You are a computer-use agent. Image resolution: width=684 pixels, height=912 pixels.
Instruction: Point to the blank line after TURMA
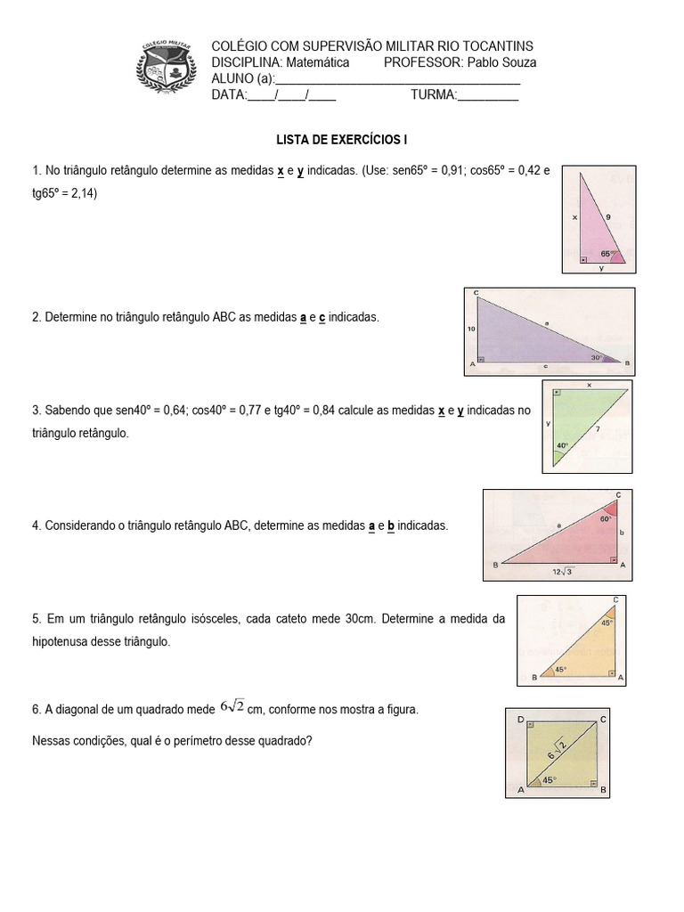tap(487, 95)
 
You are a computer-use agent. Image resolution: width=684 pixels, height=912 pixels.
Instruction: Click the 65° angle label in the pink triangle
tap(606, 253)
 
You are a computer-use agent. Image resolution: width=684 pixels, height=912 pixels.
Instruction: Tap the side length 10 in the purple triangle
tap(471, 329)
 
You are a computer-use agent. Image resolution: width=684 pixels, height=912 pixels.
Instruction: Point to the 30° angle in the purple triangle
tap(597, 358)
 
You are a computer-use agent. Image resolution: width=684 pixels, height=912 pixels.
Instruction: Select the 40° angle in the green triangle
tap(562, 445)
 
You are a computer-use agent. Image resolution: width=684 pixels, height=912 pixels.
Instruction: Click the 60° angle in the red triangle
tap(605, 517)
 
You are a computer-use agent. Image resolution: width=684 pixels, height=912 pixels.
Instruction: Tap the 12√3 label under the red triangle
tap(562, 571)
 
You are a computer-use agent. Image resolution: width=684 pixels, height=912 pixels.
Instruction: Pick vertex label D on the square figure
tap(519, 718)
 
